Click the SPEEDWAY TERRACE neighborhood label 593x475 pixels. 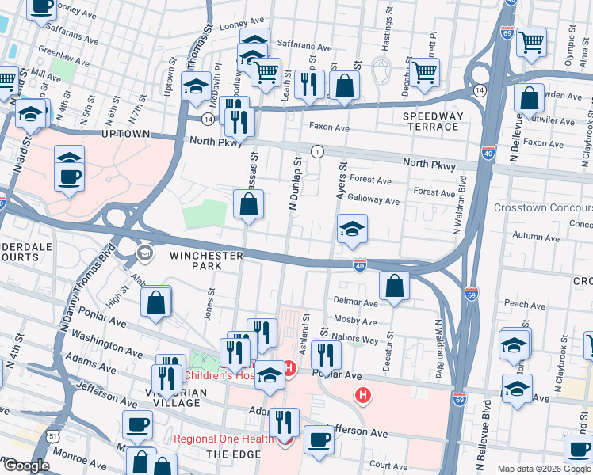433,121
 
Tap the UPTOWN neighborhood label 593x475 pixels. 126,135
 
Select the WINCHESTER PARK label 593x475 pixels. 206,261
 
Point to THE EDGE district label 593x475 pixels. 228,454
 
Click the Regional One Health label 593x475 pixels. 221,439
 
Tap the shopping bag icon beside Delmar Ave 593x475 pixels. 394,286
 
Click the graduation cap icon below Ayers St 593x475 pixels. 352,229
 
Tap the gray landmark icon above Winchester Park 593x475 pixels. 144,253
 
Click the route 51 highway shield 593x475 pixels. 52,435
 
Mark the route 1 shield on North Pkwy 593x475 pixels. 317,150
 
